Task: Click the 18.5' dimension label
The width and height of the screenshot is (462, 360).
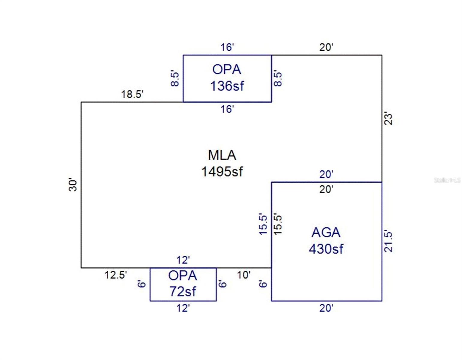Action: [132, 94]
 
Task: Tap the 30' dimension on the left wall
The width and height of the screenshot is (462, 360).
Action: [73, 185]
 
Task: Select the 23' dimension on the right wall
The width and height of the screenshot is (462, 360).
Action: [388, 119]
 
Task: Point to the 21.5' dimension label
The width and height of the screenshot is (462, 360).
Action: [388, 241]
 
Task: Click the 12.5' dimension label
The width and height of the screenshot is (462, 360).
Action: [115, 275]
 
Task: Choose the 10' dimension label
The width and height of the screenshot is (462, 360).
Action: [243, 275]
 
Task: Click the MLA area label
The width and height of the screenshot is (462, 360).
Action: [222, 155]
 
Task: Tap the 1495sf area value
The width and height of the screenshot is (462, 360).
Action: [222, 172]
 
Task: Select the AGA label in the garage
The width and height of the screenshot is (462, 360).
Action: [326, 232]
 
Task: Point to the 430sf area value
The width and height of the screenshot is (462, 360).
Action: [326, 249]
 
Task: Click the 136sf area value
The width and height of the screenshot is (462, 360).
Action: [227, 86]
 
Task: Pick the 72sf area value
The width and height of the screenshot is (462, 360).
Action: [183, 292]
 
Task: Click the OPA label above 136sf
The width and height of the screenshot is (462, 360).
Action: [227, 70]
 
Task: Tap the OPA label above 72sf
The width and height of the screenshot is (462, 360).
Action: [183, 276]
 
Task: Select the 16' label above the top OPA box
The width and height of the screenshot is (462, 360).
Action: [227, 47]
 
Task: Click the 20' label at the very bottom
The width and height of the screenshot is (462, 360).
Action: [326, 308]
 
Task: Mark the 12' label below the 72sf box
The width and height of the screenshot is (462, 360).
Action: [183, 308]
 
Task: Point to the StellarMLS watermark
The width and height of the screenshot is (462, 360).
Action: [447, 180]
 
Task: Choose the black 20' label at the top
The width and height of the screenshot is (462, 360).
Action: [326, 47]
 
